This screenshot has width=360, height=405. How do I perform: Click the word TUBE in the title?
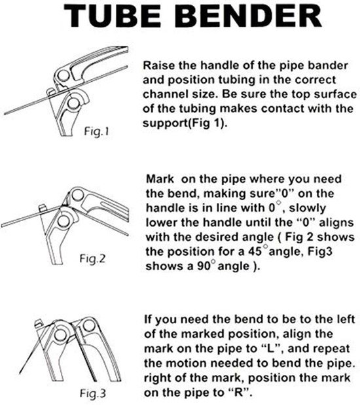click(112, 16)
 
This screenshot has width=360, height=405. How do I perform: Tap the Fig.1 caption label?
click(97, 132)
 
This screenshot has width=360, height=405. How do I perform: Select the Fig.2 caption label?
click(92, 258)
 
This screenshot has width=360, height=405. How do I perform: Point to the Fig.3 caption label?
click(93, 393)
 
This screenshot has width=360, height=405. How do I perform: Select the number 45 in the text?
click(255, 251)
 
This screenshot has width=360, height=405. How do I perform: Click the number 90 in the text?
click(204, 266)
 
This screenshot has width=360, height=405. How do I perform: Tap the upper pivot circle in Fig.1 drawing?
click(63, 76)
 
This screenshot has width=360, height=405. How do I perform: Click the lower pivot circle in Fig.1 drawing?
click(73, 103)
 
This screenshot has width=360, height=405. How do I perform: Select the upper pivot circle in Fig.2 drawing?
click(77, 195)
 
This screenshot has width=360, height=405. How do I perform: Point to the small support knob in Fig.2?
click(42, 208)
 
